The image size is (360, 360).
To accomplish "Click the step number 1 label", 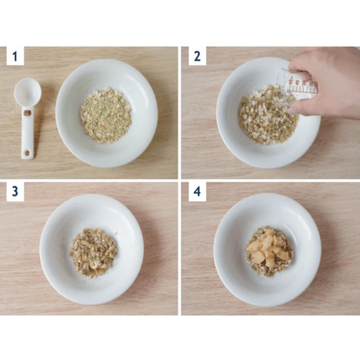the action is pos(15,56).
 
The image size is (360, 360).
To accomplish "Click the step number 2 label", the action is pos(197,56).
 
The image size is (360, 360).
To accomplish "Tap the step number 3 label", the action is pos(15,192).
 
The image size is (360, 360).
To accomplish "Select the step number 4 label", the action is pos(197,192).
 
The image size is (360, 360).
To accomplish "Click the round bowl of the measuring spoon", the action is pos(27,92).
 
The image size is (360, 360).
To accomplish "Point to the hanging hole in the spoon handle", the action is pos(27,153).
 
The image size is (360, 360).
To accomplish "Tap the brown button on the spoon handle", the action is pos(27,113).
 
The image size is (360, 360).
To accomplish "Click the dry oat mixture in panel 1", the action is pos(106,116).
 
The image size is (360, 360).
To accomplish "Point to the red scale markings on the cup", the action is pos(303,86).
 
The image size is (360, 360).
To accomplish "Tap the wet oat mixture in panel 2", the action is pos(268,115).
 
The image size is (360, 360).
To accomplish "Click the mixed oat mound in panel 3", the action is pos(93,253).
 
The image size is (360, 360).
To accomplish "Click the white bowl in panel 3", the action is pos(92,249).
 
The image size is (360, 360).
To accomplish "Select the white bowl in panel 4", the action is pos(268,250).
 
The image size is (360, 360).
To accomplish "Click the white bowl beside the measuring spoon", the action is pos(106,113).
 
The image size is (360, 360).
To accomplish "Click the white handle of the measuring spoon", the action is pos(27,133).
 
